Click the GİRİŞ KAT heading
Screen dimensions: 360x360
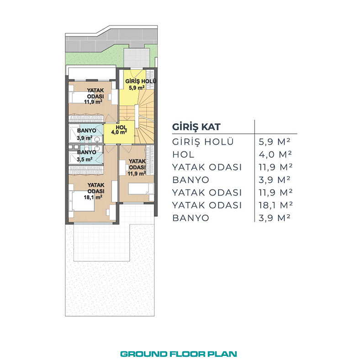coord(196,127)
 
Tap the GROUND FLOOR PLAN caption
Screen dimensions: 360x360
coord(178,354)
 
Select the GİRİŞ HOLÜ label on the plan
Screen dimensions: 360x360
coord(141,81)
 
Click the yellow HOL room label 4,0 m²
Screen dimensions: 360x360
coord(119,130)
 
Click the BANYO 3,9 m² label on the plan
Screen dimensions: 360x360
coord(86,134)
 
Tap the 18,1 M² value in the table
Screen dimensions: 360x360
coord(275,205)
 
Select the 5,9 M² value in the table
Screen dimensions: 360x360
coord(275,142)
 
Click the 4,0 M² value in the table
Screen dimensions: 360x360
coord(275,154)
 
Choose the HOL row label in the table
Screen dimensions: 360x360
coord(183,154)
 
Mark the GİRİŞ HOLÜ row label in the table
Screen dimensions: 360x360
coord(203,142)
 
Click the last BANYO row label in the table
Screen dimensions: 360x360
coord(191,218)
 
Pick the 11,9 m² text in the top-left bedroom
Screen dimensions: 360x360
coord(93,102)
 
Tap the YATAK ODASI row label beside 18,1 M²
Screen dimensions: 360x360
coord(207,205)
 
